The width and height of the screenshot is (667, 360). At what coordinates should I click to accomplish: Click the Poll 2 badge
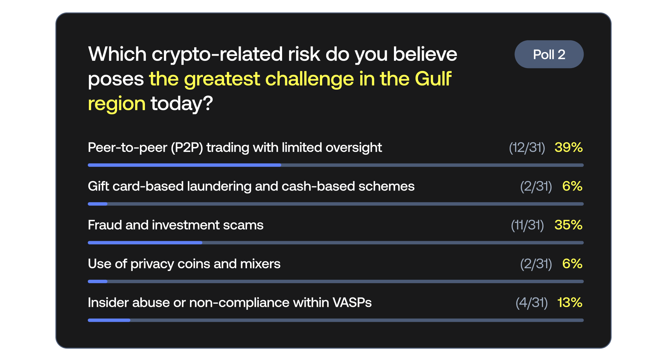click(x=549, y=54)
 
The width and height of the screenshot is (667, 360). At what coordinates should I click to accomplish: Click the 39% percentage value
click(x=569, y=147)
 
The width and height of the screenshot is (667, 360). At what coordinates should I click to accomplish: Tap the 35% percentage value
click(x=569, y=225)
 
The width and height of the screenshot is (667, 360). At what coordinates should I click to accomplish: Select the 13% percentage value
click(x=570, y=302)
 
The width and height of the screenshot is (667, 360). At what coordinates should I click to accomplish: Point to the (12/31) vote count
click(x=527, y=147)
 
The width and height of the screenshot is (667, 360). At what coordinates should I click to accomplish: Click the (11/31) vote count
click(x=527, y=225)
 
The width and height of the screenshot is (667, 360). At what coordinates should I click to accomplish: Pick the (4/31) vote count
click(x=532, y=302)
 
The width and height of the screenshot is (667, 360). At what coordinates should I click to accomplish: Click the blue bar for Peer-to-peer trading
click(x=184, y=165)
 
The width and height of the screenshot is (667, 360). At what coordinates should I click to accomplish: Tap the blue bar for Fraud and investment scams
click(x=145, y=243)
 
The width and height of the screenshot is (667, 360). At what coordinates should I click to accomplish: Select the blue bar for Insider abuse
click(x=109, y=320)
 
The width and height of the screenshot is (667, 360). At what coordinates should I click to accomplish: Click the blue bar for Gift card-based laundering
click(x=98, y=204)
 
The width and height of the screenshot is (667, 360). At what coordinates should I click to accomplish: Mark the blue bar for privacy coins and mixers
click(x=98, y=281)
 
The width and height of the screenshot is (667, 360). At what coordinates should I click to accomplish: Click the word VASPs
click(x=352, y=302)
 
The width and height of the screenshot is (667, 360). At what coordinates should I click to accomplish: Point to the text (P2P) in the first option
click(x=187, y=147)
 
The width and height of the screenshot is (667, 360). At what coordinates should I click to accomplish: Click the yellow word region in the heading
click(x=117, y=104)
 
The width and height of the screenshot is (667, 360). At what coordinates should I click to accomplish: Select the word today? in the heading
click(x=182, y=104)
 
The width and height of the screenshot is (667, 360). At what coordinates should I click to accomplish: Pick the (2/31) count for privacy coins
click(x=536, y=264)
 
